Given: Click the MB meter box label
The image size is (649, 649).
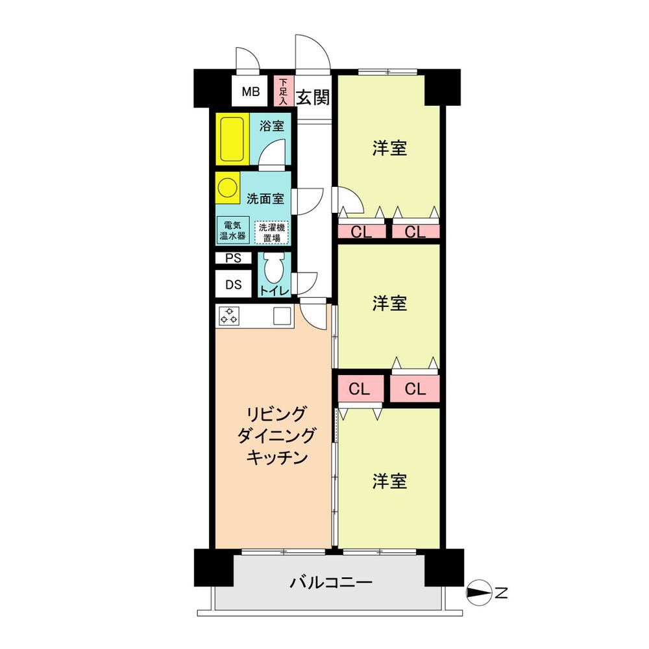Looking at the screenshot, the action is click(251, 92).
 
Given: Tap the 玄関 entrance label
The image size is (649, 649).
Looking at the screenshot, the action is click(313, 98).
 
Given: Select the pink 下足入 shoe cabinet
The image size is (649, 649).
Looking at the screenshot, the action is click(283, 91).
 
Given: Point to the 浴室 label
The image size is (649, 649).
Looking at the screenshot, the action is click(271, 126).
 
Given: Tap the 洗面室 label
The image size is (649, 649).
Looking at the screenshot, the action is click(265, 199).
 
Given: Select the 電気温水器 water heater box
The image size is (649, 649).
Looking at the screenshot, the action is click(233, 230).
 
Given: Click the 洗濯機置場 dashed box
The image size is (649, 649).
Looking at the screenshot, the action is click(271, 232).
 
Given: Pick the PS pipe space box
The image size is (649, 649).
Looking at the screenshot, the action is click(234, 258).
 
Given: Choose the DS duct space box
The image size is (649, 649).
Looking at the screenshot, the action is click(234, 284).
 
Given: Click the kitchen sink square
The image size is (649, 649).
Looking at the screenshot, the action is click(282, 317).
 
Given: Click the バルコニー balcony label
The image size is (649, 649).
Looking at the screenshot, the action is click(331, 583).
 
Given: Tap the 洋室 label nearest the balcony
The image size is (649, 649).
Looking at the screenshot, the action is click(389, 482).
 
